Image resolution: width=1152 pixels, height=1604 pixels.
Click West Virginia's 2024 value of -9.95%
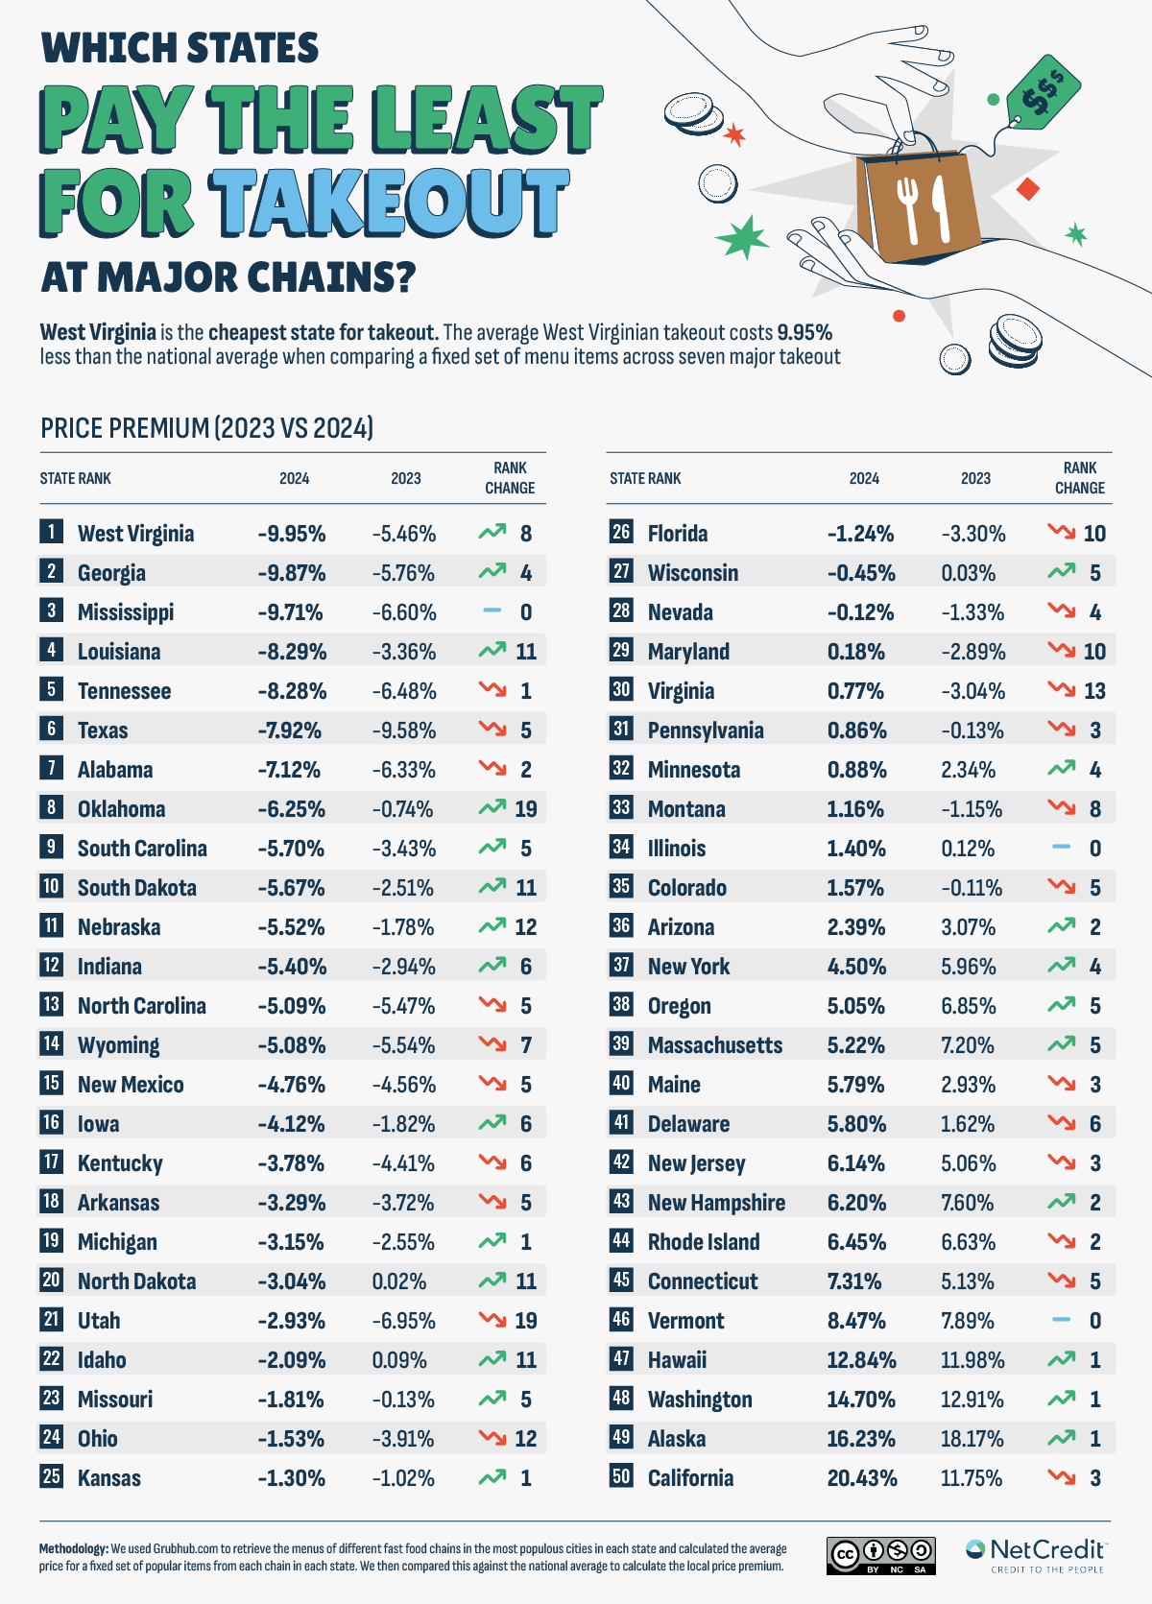(291, 534)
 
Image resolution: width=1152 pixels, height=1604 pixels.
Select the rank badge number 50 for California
(621, 1476)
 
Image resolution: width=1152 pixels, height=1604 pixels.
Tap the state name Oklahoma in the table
(121, 809)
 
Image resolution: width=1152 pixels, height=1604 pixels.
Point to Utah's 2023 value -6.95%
(403, 1321)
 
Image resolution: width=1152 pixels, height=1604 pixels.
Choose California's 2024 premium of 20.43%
(861, 1478)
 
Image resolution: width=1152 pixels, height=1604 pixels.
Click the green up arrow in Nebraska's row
(492, 926)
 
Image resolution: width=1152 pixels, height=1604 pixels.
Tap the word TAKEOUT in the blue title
(390, 203)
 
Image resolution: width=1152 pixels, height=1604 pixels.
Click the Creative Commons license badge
(880, 1555)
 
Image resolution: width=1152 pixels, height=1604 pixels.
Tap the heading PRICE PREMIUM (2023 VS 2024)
(206, 428)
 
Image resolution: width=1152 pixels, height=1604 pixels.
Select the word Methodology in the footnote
(73, 1548)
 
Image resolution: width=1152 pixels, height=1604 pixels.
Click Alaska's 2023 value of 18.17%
(972, 1439)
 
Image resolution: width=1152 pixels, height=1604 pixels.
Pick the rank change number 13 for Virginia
(1094, 691)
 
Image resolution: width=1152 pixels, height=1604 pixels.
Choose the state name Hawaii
(677, 1360)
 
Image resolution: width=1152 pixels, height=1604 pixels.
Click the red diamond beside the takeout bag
(1028, 189)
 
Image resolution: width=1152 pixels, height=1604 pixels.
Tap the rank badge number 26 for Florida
(621, 532)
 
